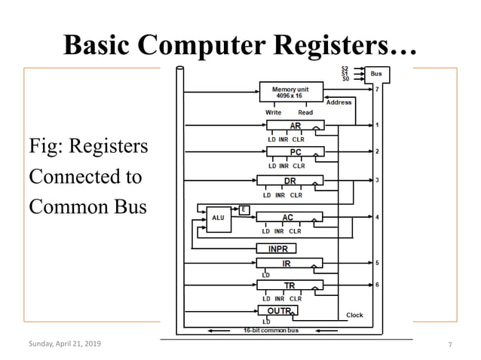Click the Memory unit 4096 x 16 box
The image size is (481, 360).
(x=291, y=92)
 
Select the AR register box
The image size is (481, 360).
(x=295, y=125)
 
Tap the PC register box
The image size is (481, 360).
(x=295, y=152)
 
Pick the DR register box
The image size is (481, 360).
(x=290, y=181)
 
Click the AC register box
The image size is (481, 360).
(x=289, y=217)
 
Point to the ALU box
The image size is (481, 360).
(x=219, y=218)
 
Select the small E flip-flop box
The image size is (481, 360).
(x=244, y=209)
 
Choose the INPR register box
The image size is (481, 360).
(x=277, y=249)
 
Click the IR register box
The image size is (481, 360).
(x=289, y=263)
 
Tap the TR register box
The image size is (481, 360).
(x=289, y=285)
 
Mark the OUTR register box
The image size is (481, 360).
(x=277, y=310)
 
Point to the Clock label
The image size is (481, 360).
(x=354, y=315)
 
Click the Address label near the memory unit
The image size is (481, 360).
(x=339, y=102)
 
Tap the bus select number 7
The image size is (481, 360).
(x=377, y=90)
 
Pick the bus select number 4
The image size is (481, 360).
(x=377, y=218)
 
